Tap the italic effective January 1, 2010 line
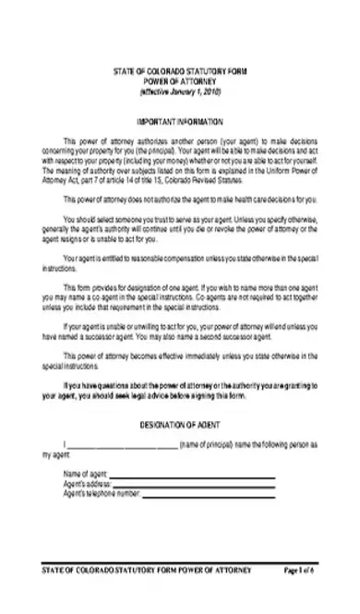point(180,93)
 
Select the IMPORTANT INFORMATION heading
point(180,121)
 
